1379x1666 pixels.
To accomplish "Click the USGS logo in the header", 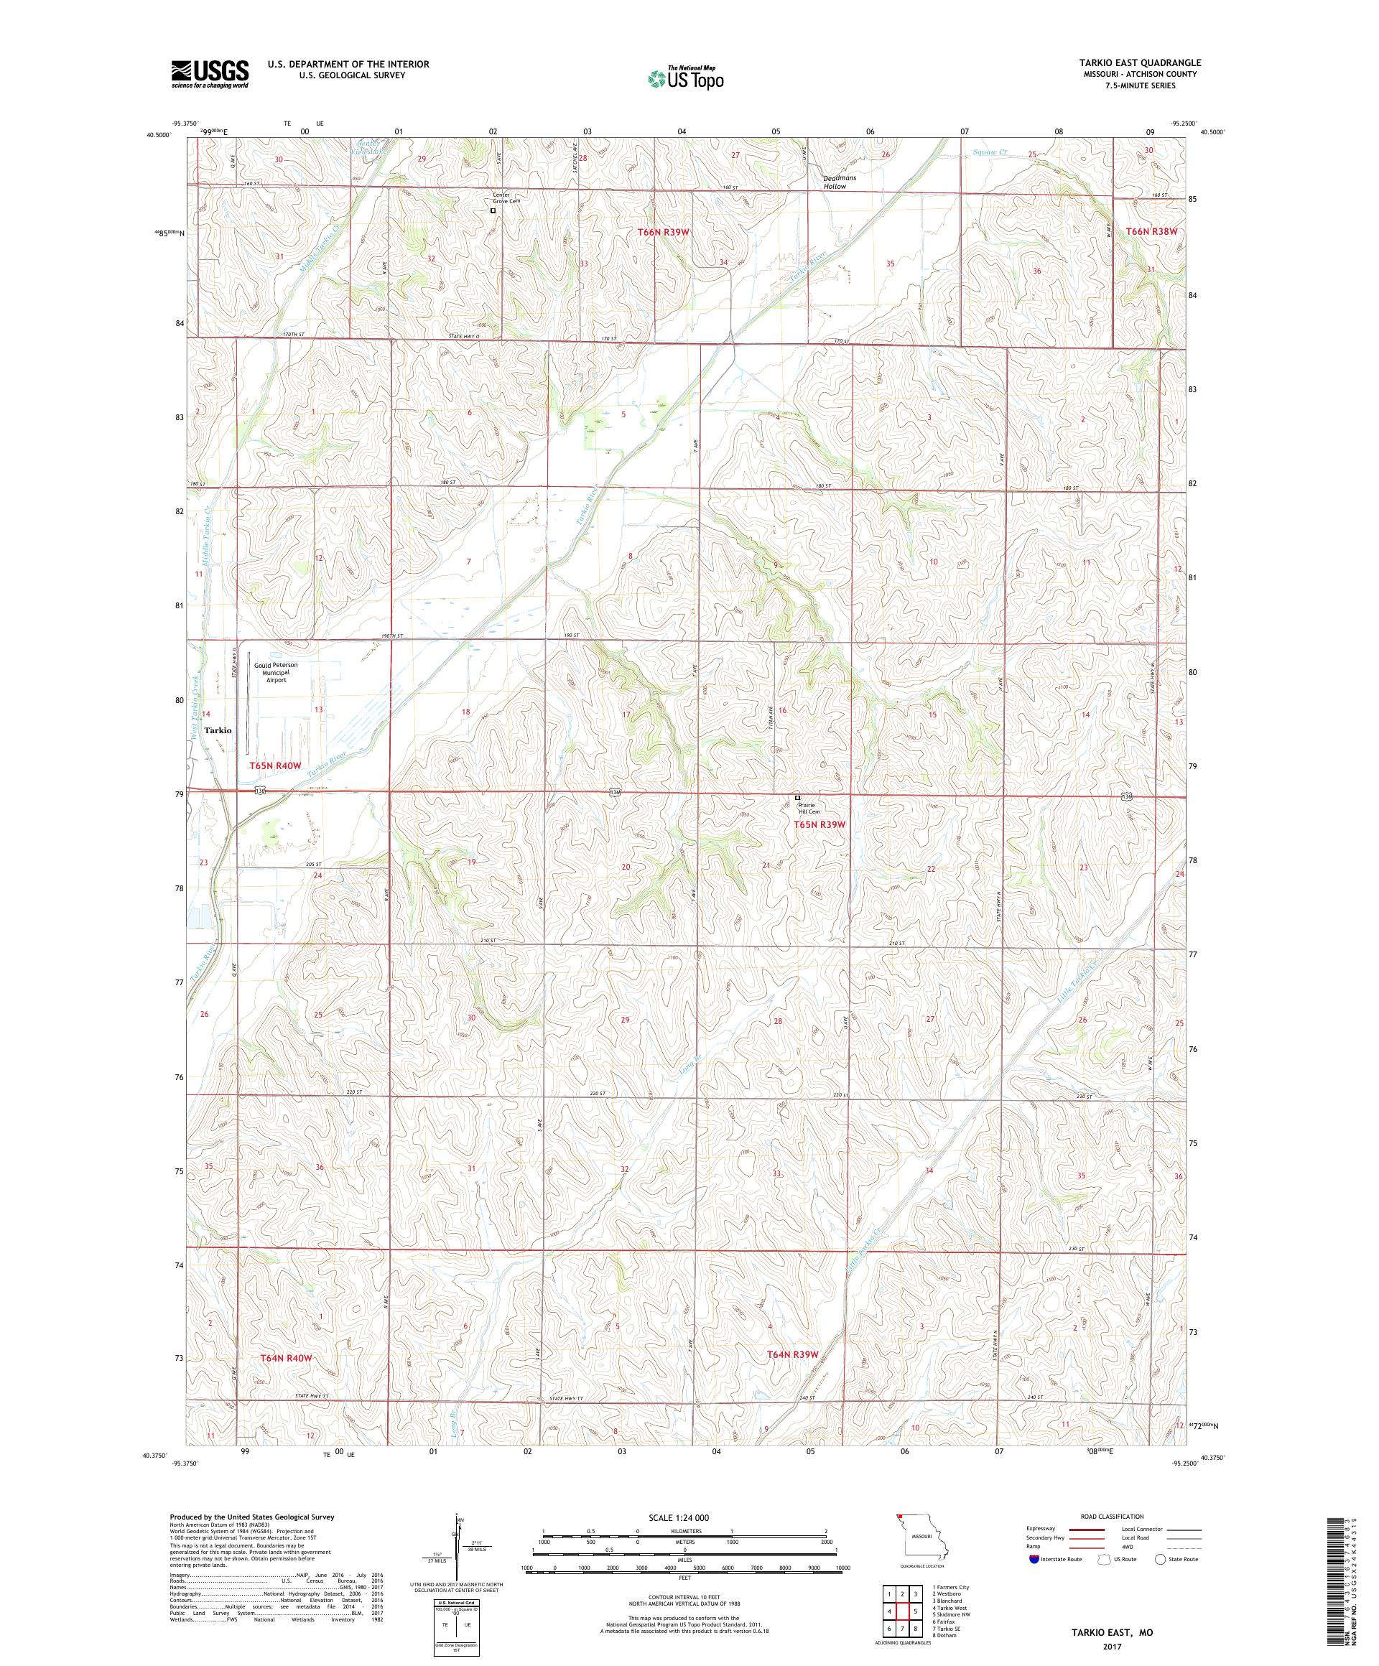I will coord(210,74).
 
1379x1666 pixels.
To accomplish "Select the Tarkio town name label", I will coord(218,730).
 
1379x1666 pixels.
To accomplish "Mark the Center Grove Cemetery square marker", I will coord(493,211).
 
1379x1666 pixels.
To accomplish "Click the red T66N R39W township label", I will coord(665,232).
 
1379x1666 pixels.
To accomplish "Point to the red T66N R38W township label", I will coord(1151,231).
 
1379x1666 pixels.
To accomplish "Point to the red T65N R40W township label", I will coord(275,765).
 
